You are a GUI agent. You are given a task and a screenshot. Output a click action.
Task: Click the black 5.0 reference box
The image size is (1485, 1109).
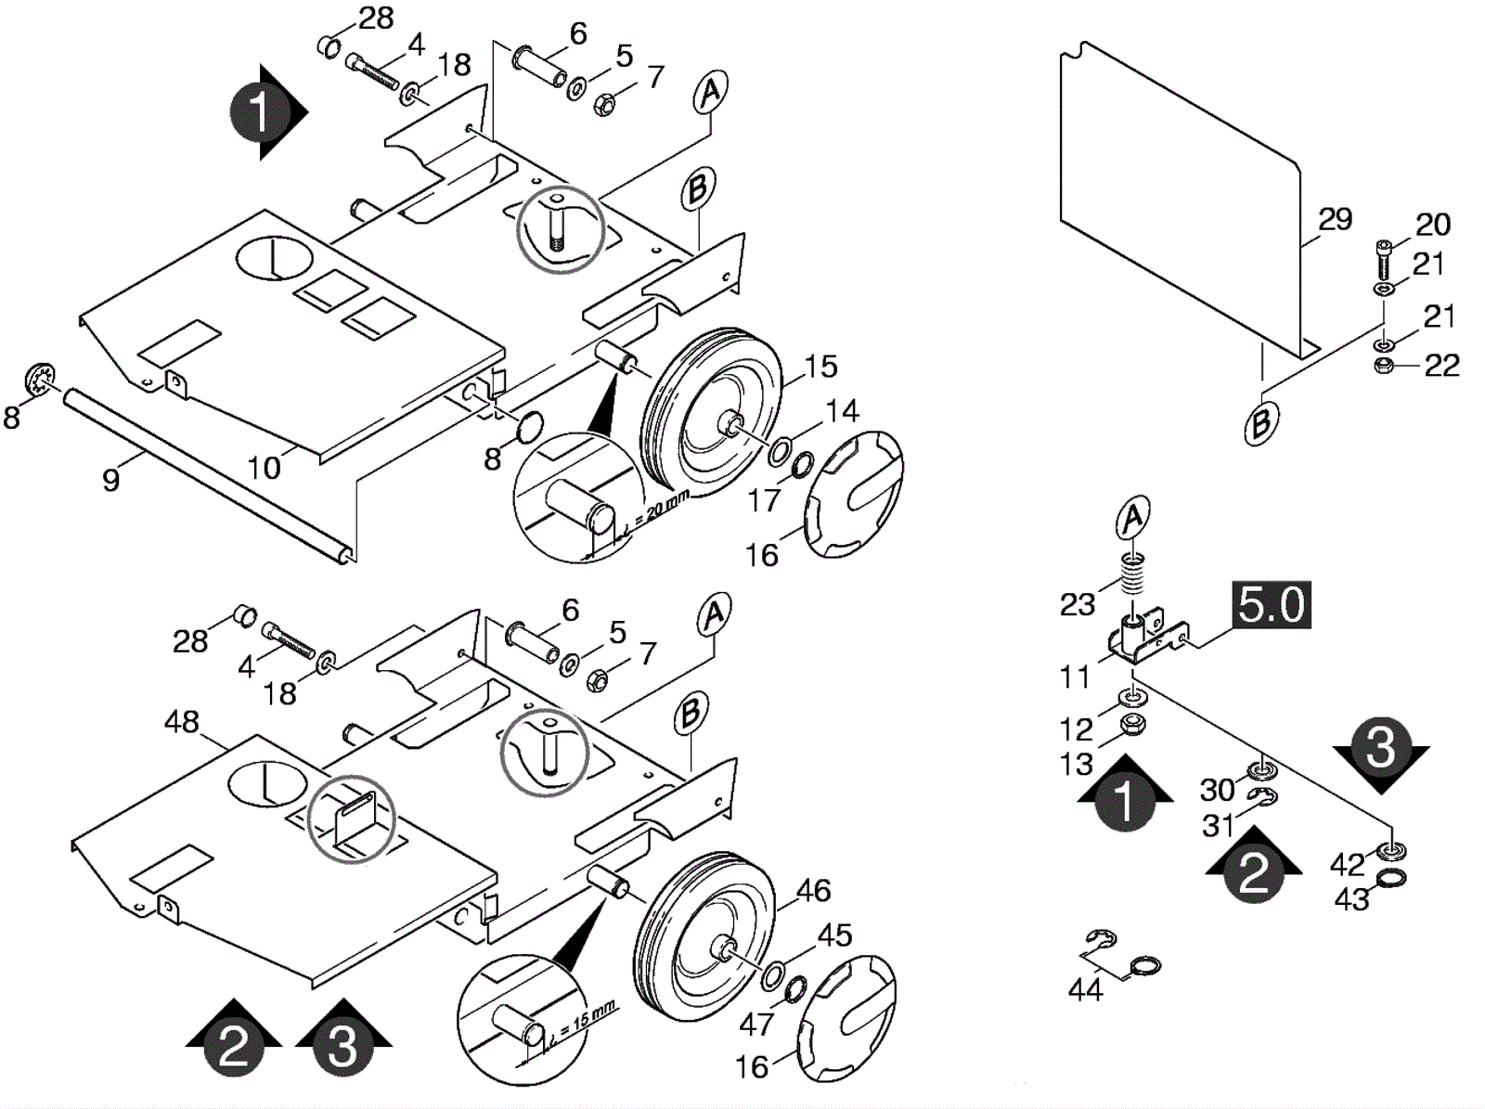pyautogui.click(x=1272, y=604)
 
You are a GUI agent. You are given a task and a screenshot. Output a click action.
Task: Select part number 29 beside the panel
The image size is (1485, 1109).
pyautogui.click(x=1335, y=219)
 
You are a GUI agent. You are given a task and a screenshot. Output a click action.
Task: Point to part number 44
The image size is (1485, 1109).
pyautogui.click(x=1085, y=990)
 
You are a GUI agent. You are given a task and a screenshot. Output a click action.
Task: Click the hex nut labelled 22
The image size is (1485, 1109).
pyautogui.click(x=1384, y=367)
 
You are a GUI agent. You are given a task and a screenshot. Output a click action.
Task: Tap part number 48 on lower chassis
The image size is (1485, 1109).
pyautogui.click(x=182, y=722)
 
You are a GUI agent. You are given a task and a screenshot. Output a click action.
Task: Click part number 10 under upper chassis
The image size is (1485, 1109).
pyautogui.click(x=264, y=468)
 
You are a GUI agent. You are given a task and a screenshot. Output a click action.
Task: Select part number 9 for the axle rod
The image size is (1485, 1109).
pyautogui.click(x=110, y=480)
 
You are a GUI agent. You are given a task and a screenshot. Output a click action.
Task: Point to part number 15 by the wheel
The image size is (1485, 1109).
pyautogui.click(x=820, y=367)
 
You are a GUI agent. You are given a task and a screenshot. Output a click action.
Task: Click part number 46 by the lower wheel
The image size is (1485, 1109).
pyautogui.click(x=813, y=891)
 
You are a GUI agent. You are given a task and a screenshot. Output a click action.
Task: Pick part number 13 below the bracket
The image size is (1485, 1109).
pyautogui.click(x=1077, y=765)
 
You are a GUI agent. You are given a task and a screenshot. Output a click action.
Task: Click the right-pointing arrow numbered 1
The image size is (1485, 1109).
pyautogui.click(x=268, y=112)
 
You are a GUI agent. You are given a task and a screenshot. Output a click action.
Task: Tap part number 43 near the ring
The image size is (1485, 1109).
pyautogui.click(x=1351, y=899)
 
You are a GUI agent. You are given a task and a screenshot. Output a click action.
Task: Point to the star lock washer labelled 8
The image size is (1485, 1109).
pyautogui.click(x=41, y=380)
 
